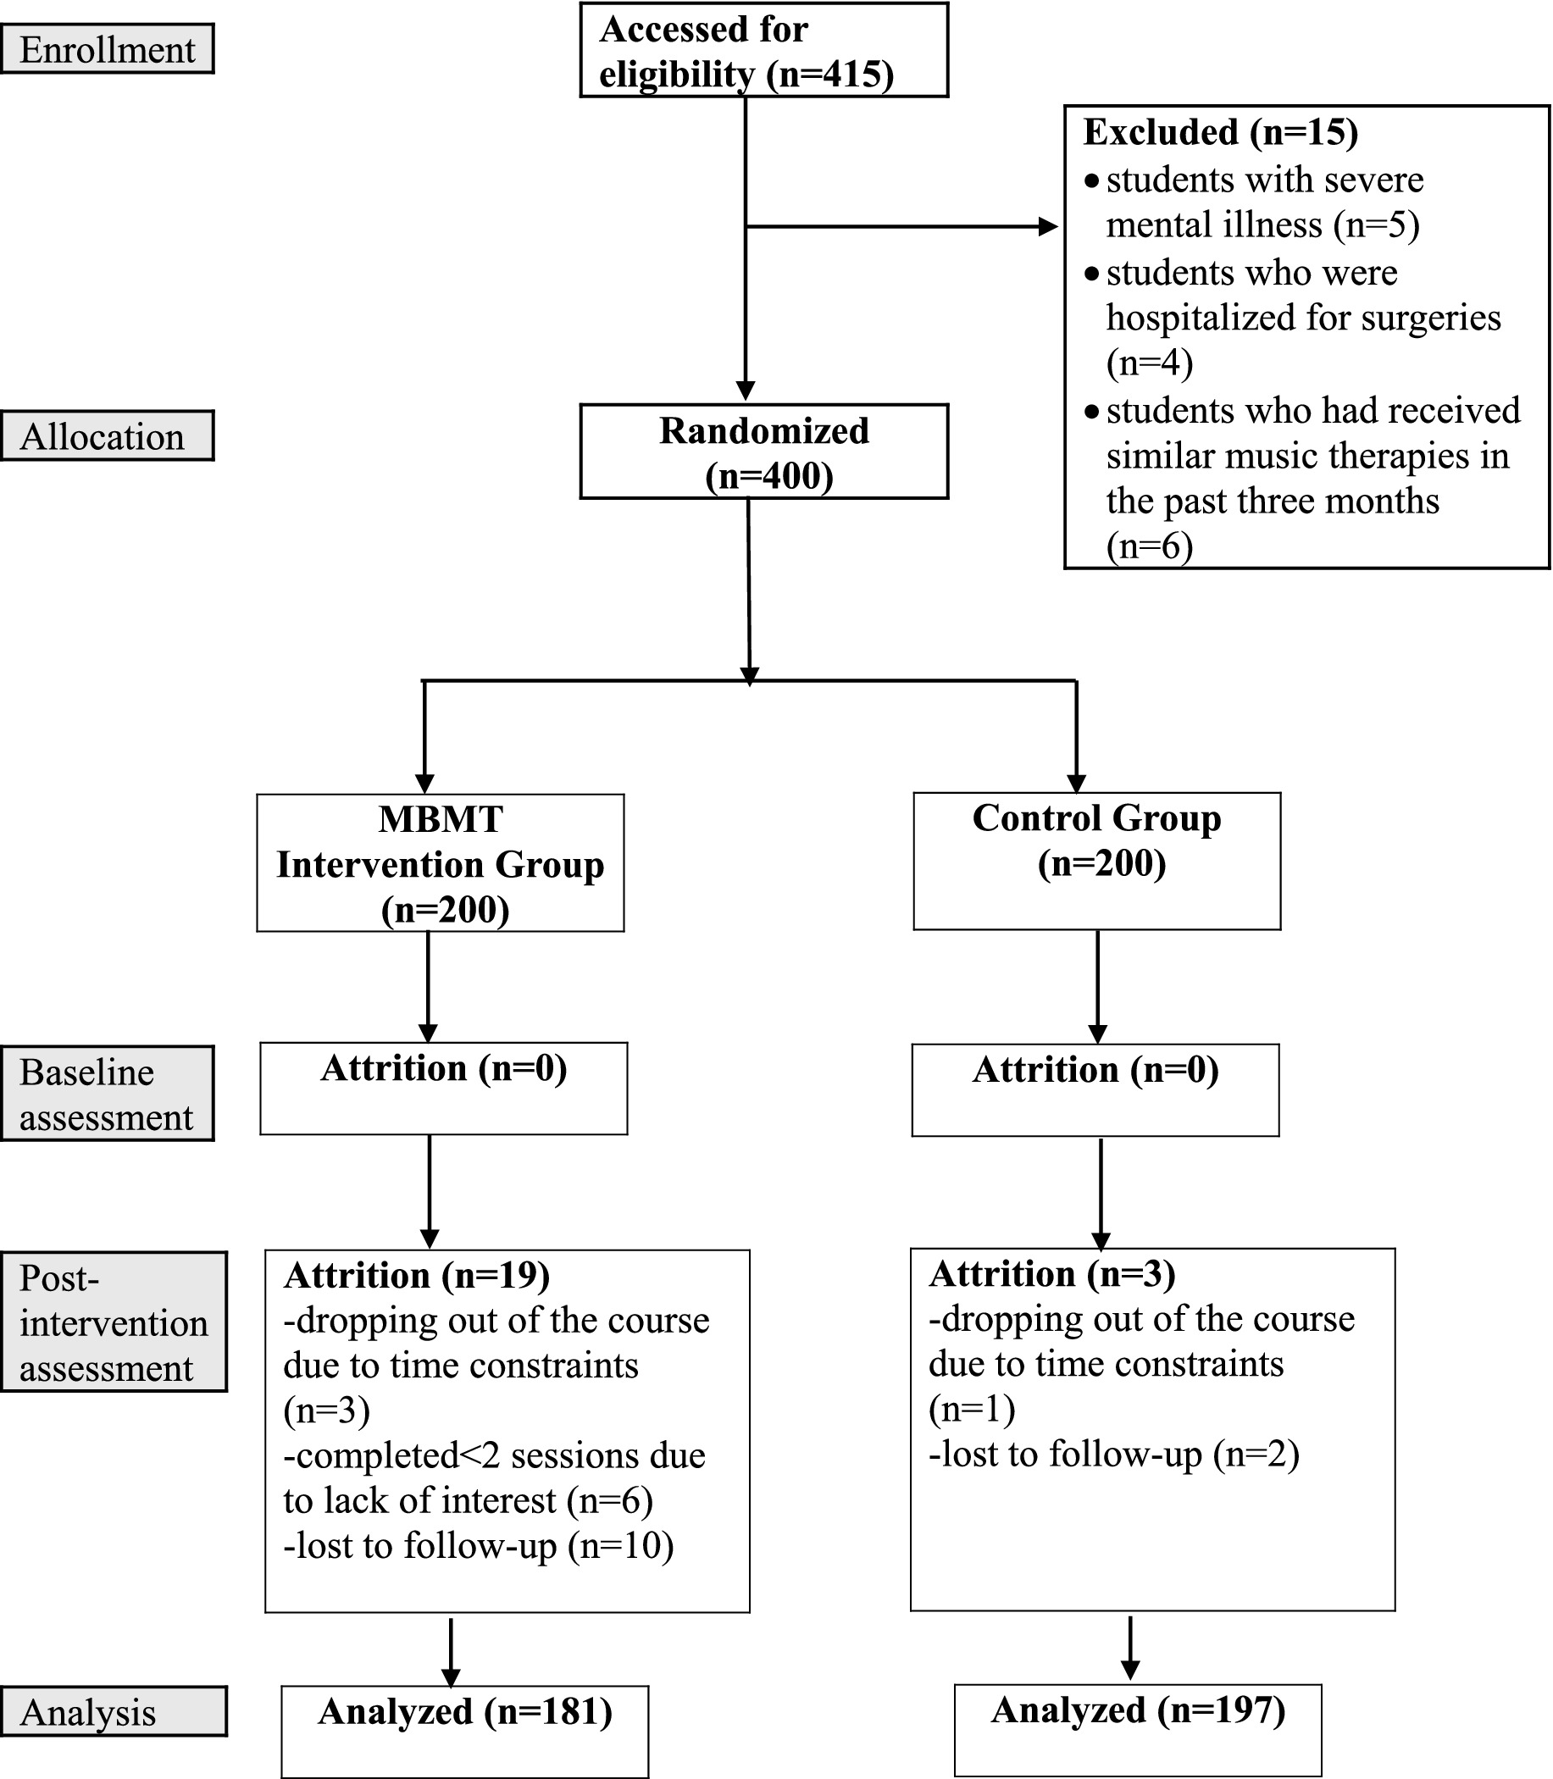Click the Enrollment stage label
[x=107, y=49]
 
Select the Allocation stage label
[x=107, y=436]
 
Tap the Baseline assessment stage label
[x=107, y=1095]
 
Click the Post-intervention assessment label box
[x=114, y=1322]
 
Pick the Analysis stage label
[x=114, y=1712]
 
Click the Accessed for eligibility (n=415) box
[x=763, y=50]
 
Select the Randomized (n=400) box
[x=763, y=452]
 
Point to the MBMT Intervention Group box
[x=441, y=863]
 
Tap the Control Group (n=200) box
[x=1096, y=861]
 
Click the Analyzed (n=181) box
[x=464, y=1731]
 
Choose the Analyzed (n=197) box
[x=1137, y=1729]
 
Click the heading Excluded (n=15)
[x=1220, y=131]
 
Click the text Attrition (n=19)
[x=417, y=1276]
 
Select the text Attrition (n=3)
[x=1052, y=1274]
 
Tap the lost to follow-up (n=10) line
[x=479, y=1546]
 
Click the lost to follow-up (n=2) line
[x=1113, y=1454]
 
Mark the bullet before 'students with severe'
[x=1092, y=180]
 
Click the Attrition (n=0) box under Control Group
[x=1095, y=1089]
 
